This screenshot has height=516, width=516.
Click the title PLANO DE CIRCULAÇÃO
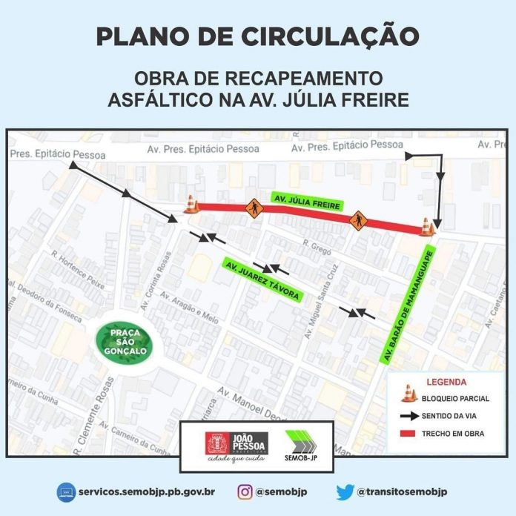257,36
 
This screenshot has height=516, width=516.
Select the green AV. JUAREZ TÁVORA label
261,279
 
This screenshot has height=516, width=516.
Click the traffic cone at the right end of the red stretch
427,225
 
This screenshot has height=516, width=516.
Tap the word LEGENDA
446,383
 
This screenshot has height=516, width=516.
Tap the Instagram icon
245,491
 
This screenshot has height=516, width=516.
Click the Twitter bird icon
345,491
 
